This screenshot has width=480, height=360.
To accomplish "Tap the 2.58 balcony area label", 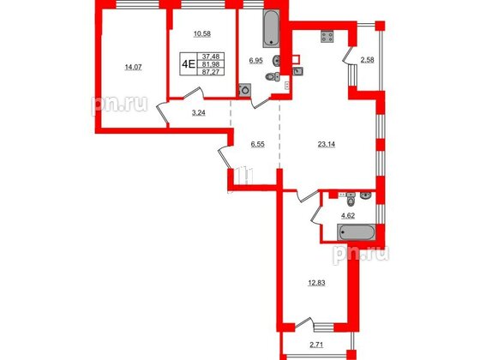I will (x=368, y=59).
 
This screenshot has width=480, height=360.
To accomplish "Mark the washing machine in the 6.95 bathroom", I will (x=245, y=89).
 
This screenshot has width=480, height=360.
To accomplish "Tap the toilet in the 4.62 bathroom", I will (x=366, y=195).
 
